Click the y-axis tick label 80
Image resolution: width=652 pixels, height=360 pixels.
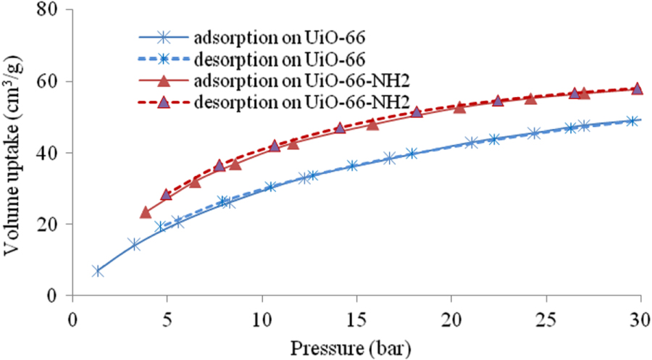[x=51, y=11]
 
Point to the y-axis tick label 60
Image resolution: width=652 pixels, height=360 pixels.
[x=51, y=82]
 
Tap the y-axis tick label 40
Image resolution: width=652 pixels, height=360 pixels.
[x=51, y=153]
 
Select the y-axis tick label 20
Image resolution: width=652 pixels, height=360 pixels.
[x=51, y=225]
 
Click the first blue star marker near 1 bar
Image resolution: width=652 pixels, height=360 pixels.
[x=98, y=271]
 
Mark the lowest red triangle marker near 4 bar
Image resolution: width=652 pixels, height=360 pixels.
[x=146, y=212]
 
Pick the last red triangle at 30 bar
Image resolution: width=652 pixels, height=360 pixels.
[x=637, y=88]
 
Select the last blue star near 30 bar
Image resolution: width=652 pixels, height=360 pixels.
[x=632, y=121]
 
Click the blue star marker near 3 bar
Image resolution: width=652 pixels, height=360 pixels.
[x=134, y=245]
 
